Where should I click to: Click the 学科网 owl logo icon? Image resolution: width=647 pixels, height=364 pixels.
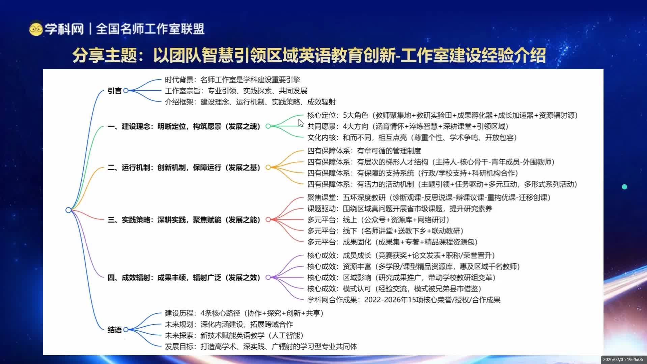[x=35, y=29]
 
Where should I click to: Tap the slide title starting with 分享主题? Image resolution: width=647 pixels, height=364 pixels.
[x=309, y=55]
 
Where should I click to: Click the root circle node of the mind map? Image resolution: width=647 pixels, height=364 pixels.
[x=68, y=210]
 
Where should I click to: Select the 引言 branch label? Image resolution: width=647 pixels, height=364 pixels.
[x=114, y=91]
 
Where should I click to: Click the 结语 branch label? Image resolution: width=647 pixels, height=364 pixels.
[x=114, y=330]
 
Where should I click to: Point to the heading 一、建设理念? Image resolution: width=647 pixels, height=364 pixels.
[x=184, y=126]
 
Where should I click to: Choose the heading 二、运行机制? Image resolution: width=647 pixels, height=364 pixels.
[x=184, y=168]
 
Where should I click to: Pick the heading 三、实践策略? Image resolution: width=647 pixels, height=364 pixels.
[x=184, y=220]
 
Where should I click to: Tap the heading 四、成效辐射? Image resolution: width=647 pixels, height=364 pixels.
[x=184, y=277]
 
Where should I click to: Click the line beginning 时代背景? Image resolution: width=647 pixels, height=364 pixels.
[x=232, y=80]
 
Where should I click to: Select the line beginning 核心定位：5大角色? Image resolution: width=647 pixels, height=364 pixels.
[x=442, y=115]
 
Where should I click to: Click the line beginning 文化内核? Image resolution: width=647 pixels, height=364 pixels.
[x=412, y=138]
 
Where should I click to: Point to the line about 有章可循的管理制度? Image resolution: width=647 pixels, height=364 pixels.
[x=364, y=151]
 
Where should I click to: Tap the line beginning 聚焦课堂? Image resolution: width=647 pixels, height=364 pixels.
[x=428, y=198]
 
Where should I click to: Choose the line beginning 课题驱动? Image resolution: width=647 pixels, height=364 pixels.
[x=399, y=209]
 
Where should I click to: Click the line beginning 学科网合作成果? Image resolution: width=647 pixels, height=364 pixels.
[x=403, y=300]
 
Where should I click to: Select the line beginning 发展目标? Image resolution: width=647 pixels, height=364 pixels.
[x=261, y=346]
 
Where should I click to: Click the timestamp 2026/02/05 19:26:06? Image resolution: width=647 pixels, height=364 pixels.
[x=623, y=360]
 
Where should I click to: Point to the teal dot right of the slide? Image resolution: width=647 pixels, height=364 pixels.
[x=624, y=187]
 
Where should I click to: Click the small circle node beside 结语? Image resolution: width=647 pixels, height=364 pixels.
[x=126, y=330]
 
